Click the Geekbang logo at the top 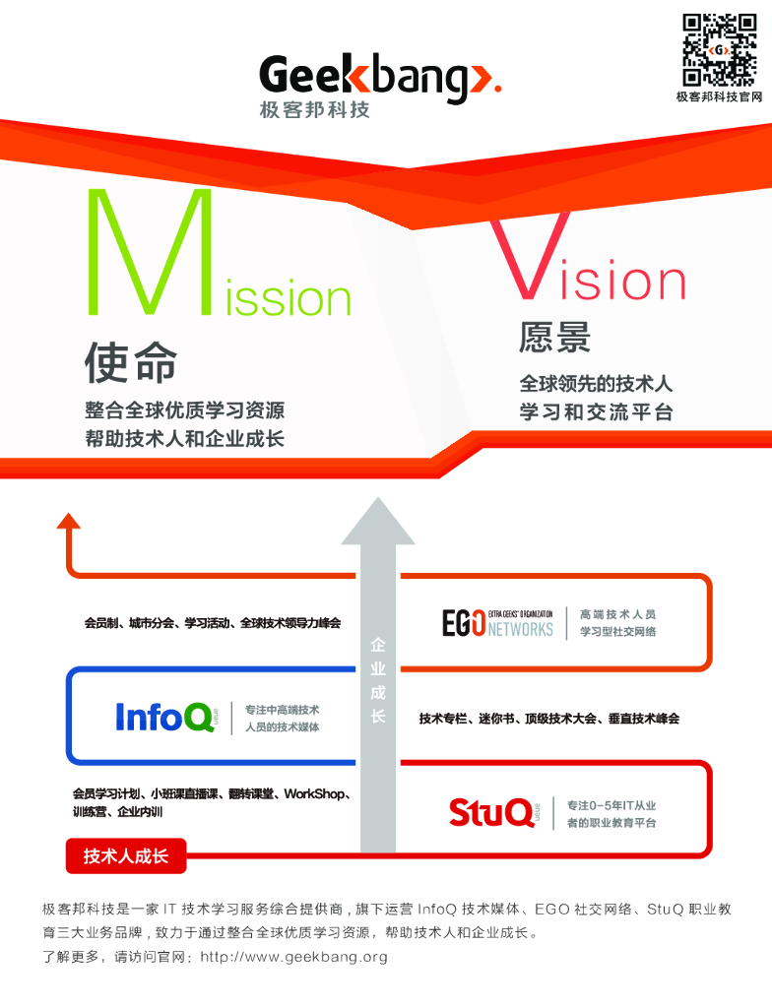(x=380, y=78)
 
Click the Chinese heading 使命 (x=131, y=362)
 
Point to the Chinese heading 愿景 (x=554, y=338)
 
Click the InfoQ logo (x=164, y=716)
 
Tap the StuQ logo (x=492, y=813)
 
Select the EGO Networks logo (x=497, y=623)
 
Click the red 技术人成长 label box (x=126, y=856)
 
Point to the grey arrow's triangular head (x=377, y=521)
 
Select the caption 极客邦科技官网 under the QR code (x=719, y=96)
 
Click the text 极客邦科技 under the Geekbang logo (x=315, y=110)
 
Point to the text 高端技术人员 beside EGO (x=617, y=613)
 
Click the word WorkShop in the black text (x=314, y=793)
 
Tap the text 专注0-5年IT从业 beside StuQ (x=611, y=805)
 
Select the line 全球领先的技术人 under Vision (x=596, y=385)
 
